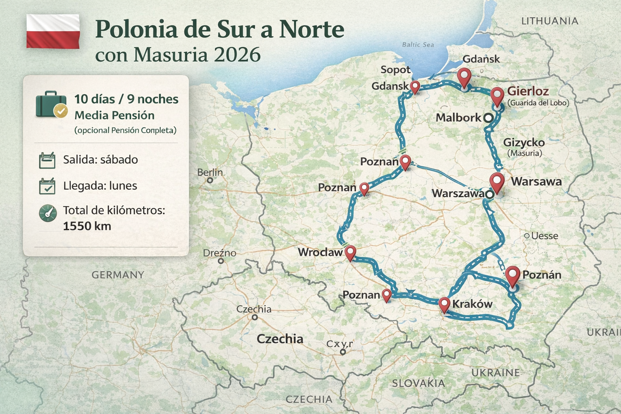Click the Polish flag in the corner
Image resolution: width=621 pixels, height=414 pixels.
coord(53,31)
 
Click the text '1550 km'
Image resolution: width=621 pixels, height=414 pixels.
coord(87,226)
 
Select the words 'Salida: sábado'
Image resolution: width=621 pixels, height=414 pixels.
coord(100,160)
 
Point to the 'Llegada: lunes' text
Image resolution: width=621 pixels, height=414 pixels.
coord(100,186)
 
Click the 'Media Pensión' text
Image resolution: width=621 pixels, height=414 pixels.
coord(114,116)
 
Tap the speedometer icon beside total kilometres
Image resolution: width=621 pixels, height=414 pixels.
coord(47,213)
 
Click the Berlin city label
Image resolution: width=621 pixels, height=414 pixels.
coord(210,172)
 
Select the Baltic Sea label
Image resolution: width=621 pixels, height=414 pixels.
coord(418,44)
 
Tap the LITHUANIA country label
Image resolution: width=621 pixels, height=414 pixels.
coord(549,21)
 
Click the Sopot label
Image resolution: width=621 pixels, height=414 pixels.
coord(395,70)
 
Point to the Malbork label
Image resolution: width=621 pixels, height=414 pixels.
coord(458,118)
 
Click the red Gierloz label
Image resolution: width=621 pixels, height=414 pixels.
coord(528,91)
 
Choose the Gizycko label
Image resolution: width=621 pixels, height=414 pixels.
coord(524,142)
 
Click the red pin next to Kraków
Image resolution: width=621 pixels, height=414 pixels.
coord(444,304)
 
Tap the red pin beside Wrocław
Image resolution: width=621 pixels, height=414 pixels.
coord(350,252)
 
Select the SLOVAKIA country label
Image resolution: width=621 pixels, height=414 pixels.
coord(418,383)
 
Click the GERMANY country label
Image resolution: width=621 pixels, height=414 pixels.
coord(118,275)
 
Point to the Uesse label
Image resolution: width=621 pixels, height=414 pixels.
coord(544,236)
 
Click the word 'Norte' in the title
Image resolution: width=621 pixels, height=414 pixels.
coord(312,30)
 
